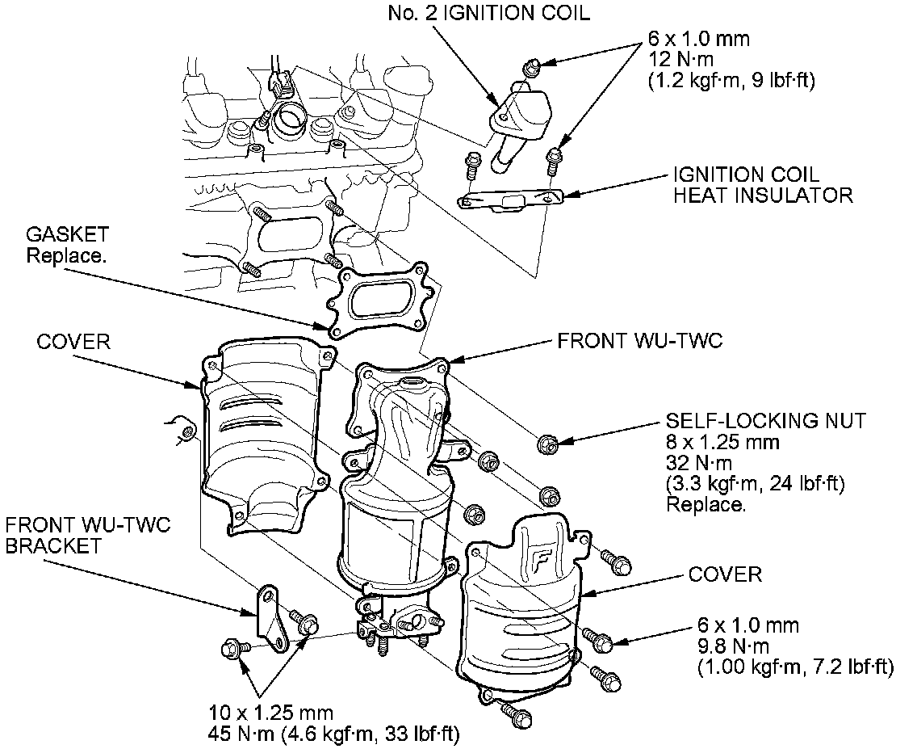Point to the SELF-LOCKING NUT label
(x=765, y=421)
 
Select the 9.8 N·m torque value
(x=725, y=646)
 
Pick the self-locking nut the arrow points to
(x=546, y=442)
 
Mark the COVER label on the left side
(x=73, y=342)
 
